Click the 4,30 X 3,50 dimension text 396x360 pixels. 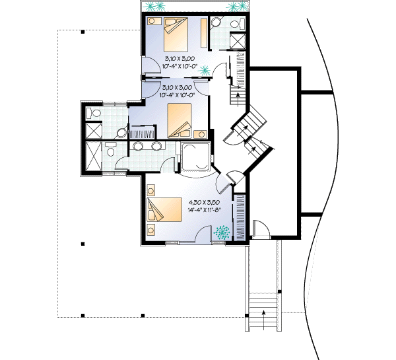(204, 201)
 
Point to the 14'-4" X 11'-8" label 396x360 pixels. (204, 209)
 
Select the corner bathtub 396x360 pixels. (196, 157)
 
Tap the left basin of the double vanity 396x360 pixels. (139, 147)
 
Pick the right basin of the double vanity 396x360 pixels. (156, 147)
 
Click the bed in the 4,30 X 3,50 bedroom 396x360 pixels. (165, 211)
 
